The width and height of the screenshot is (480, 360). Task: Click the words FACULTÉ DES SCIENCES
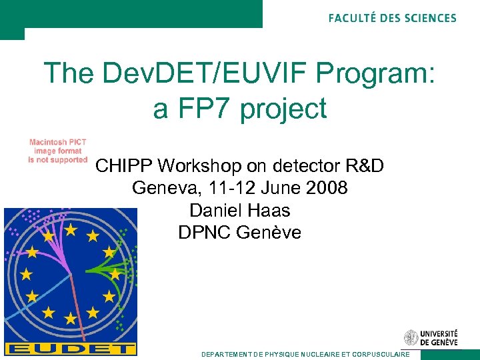392,18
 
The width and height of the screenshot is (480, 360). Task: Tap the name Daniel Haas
240,211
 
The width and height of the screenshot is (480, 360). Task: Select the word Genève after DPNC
271,233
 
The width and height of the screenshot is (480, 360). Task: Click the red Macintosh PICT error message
58,151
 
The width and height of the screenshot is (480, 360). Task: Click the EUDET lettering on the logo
71,349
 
